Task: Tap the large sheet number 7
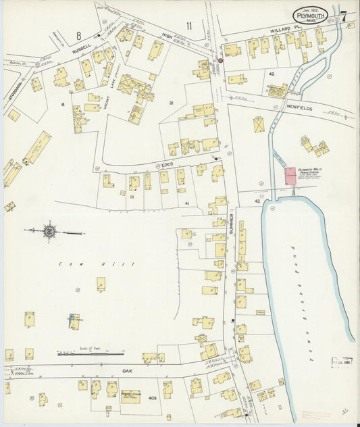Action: tap(345, 16)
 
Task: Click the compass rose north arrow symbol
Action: tap(50, 232)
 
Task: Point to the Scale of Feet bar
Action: tap(91, 353)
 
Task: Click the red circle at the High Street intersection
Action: tap(220, 60)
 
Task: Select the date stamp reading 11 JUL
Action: tap(342, 362)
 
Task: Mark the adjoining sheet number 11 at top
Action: tap(189, 26)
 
